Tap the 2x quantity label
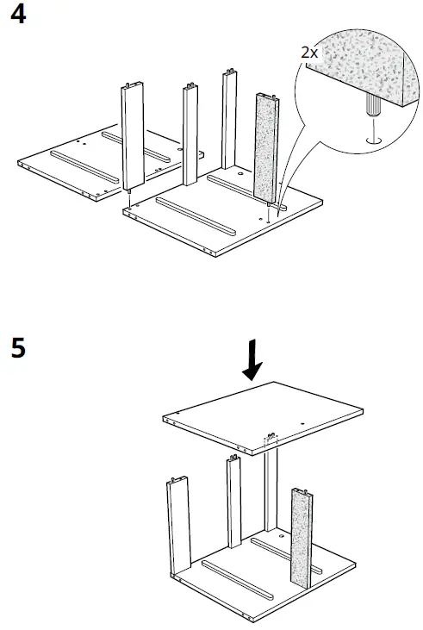(x=309, y=52)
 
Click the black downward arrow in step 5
(x=252, y=360)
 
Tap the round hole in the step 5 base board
(x=282, y=536)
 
